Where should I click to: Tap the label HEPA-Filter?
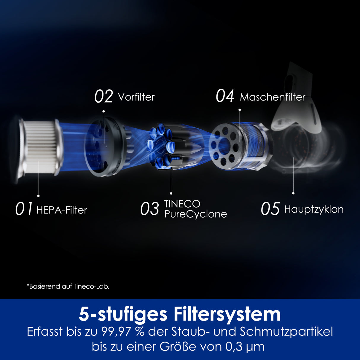[x=62, y=210]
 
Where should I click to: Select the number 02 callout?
[x=103, y=97]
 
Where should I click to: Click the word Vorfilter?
[x=136, y=97]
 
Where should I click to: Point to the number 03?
[x=149, y=209]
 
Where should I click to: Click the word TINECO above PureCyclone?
[x=182, y=204]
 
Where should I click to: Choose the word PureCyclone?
[x=195, y=214]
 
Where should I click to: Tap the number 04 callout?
[x=225, y=96]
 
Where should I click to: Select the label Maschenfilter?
[x=273, y=97]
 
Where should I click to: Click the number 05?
[x=270, y=209]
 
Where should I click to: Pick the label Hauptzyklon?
[x=314, y=209]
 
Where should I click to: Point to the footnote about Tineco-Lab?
[x=68, y=286]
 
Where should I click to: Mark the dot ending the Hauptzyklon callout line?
[x=293, y=193]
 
